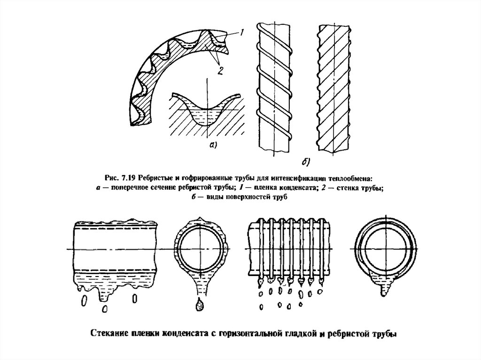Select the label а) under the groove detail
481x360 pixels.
click(x=211, y=146)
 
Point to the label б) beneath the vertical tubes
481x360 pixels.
click(x=305, y=162)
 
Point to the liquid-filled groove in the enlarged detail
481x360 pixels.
click(x=204, y=115)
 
